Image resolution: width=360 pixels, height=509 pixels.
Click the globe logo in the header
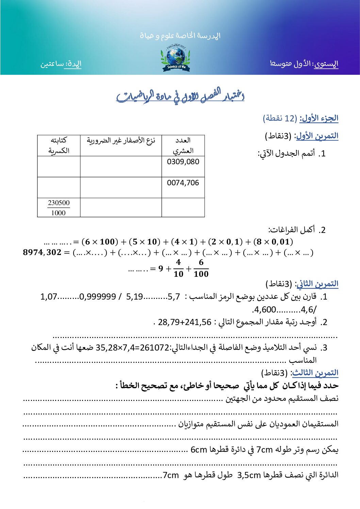click(x=176, y=58)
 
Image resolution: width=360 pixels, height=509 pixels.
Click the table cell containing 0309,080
click(x=183, y=162)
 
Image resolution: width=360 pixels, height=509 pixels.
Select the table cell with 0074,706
click(x=183, y=183)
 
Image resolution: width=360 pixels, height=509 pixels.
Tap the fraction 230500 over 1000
click(x=59, y=208)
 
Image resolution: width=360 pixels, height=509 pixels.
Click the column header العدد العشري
click(x=183, y=146)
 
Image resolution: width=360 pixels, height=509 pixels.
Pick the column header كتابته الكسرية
click(x=59, y=146)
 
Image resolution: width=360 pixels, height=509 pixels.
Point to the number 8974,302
click(x=42, y=252)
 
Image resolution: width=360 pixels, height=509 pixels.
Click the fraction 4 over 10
click(x=178, y=268)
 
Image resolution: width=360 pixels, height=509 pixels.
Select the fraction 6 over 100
click(x=201, y=268)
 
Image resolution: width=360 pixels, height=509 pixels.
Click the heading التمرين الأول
click(x=317, y=136)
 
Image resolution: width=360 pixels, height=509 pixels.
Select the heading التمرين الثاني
click(x=317, y=284)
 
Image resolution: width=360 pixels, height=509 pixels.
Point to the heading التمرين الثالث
click(x=315, y=373)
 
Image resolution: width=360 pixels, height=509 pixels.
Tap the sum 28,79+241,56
click(x=184, y=322)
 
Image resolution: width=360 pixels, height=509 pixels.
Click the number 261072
click(x=154, y=347)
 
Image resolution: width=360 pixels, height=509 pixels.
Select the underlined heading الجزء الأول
click(x=319, y=118)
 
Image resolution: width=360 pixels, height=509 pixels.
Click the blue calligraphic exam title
click(x=180, y=96)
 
